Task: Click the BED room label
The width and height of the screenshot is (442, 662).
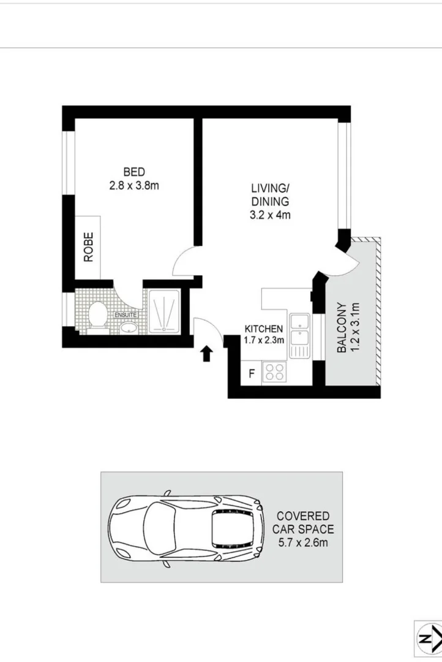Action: click(134, 172)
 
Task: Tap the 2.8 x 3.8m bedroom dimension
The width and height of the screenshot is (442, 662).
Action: click(134, 185)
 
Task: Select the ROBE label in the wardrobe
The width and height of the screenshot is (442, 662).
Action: click(89, 247)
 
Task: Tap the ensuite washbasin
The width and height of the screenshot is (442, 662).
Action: click(129, 327)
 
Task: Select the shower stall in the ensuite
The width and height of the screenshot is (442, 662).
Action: click(163, 311)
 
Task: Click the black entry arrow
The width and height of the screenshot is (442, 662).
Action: click(207, 352)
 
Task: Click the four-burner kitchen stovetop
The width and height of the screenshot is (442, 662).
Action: click(274, 371)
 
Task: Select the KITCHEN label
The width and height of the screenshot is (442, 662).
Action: click(264, 329)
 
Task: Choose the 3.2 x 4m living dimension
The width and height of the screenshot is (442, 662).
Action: click(269, 215)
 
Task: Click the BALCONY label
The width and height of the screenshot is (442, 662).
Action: click(341, 328)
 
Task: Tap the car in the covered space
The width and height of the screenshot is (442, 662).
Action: click(187, 528)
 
